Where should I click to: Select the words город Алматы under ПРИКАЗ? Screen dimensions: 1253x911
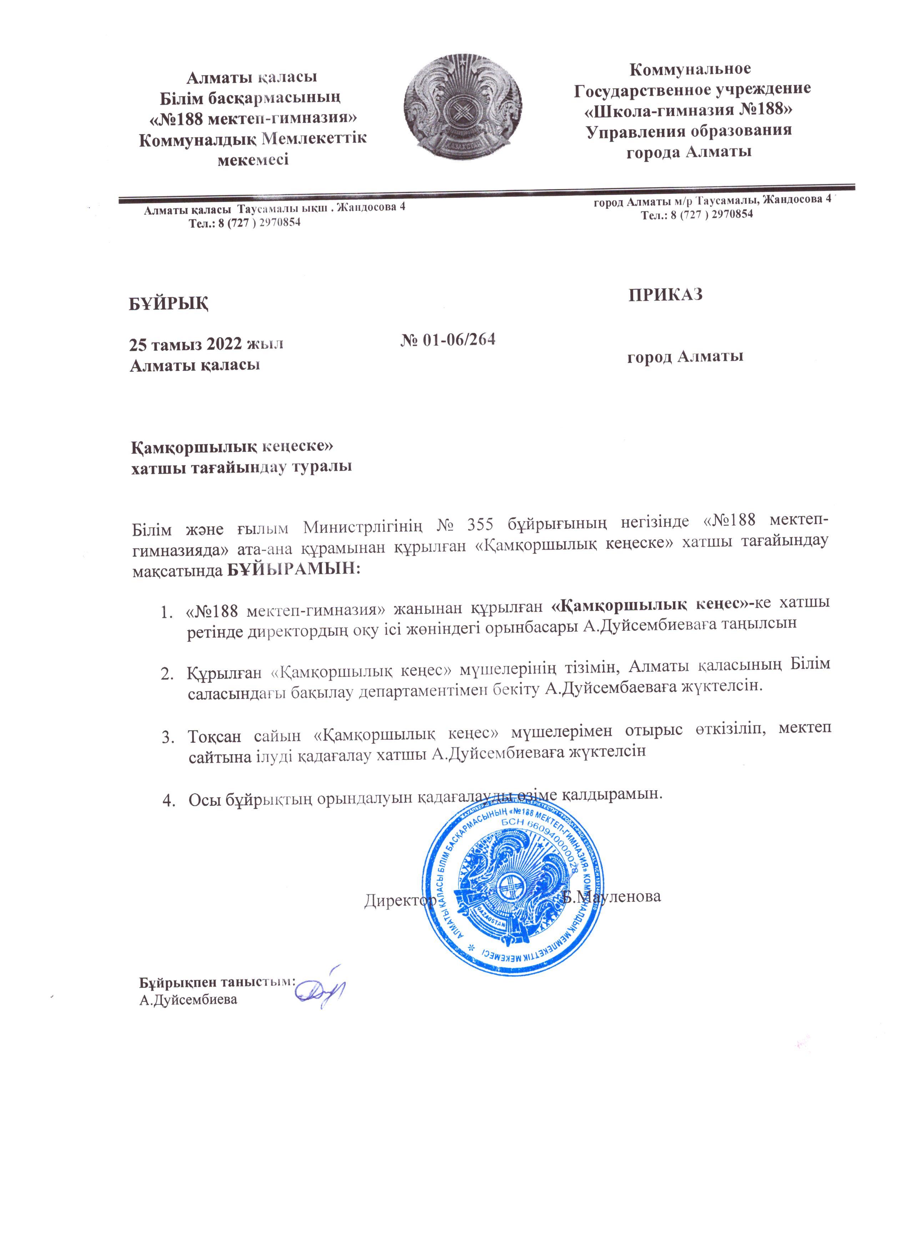tap(684, 356)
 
